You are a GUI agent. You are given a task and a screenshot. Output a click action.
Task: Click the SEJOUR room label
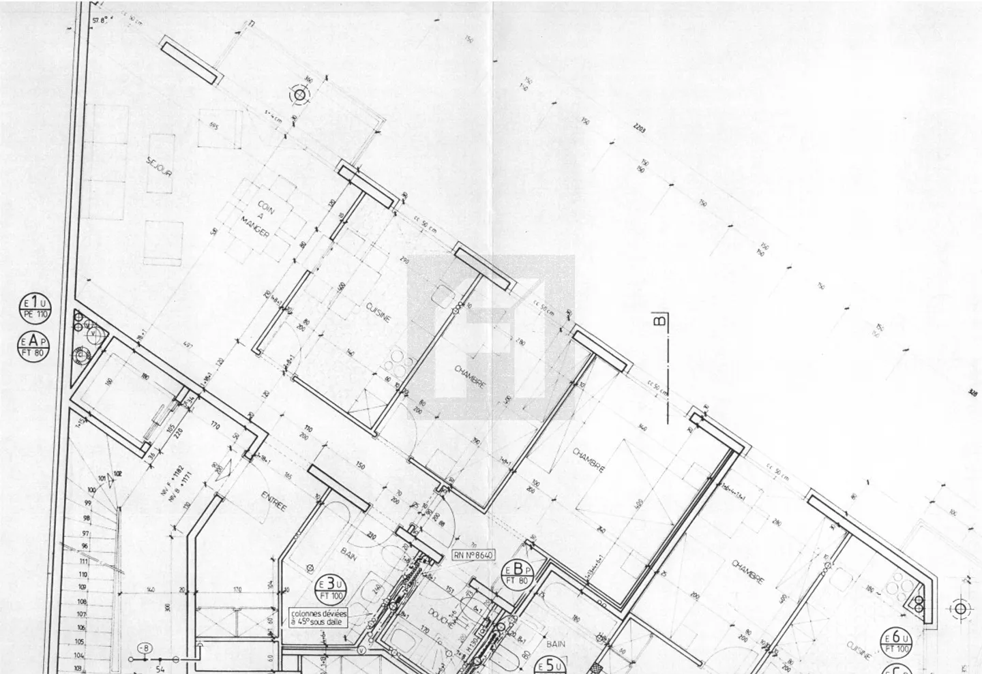coord(159,168)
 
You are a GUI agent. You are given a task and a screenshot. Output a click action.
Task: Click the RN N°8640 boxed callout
coord(473,555)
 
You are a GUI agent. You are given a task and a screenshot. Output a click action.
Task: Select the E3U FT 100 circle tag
coord(330,587)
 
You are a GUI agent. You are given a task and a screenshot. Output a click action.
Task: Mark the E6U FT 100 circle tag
coord(896,642)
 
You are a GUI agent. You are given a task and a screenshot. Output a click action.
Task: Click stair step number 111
coord(84,562)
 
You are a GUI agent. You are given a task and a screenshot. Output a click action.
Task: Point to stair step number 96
coord(84,547)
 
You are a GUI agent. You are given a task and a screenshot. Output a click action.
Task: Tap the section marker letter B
coord(659,319)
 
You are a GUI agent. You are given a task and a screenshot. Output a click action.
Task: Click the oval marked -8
coord(144,647)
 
